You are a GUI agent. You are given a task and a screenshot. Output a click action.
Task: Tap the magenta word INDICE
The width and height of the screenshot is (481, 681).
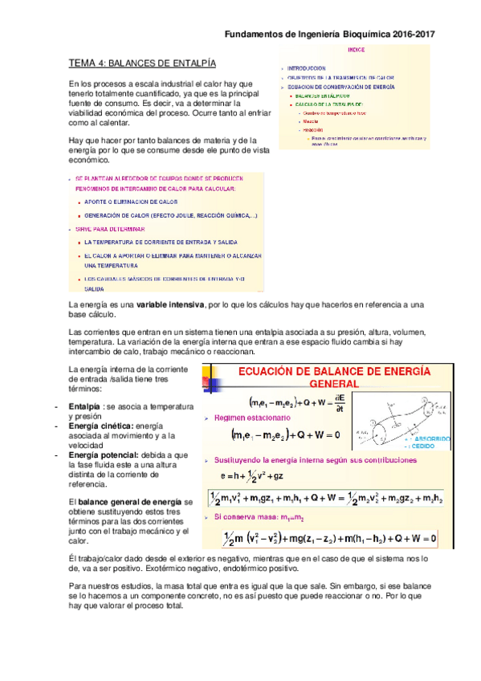(x=357, y=51)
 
